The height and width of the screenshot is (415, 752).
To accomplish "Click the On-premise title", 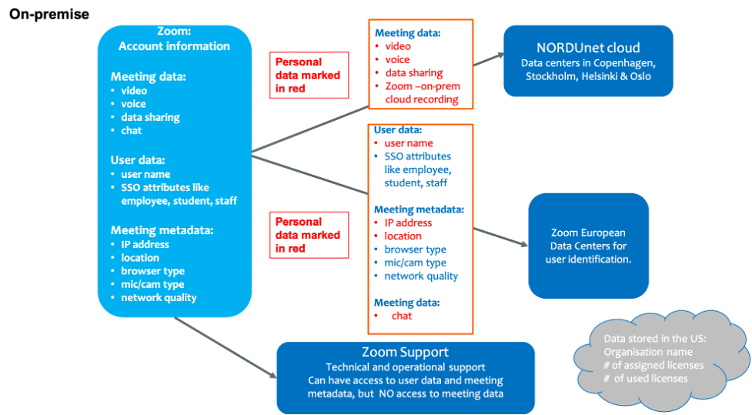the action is click(49, 14).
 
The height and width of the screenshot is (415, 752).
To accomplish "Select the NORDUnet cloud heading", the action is click(588, 48).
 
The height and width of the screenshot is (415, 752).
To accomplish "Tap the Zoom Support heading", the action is click(406, 352).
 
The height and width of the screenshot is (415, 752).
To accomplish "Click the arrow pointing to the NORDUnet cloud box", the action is click(489, 59).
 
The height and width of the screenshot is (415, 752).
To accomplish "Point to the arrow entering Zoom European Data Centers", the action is click(501, 237).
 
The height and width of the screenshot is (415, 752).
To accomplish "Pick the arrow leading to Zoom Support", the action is click(226, 347).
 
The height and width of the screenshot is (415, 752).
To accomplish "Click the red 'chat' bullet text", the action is click(402, 316).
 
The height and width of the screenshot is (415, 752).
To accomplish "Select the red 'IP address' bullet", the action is click(408, 223).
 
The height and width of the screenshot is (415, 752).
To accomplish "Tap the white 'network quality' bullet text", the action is click(159, 297).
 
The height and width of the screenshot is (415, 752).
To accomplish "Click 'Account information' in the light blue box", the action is click(174, 46).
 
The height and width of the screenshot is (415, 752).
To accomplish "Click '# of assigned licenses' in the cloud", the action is click(653, 365).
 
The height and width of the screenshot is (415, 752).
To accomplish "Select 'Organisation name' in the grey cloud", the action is click(648, 352).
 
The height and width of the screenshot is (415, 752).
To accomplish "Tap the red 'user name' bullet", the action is click(409, 143).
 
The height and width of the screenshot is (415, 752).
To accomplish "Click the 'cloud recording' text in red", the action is click(422, 99).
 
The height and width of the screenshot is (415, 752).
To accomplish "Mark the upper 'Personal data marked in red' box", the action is click(309, 75).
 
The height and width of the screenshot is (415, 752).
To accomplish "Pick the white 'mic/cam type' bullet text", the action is click(152, 284).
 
